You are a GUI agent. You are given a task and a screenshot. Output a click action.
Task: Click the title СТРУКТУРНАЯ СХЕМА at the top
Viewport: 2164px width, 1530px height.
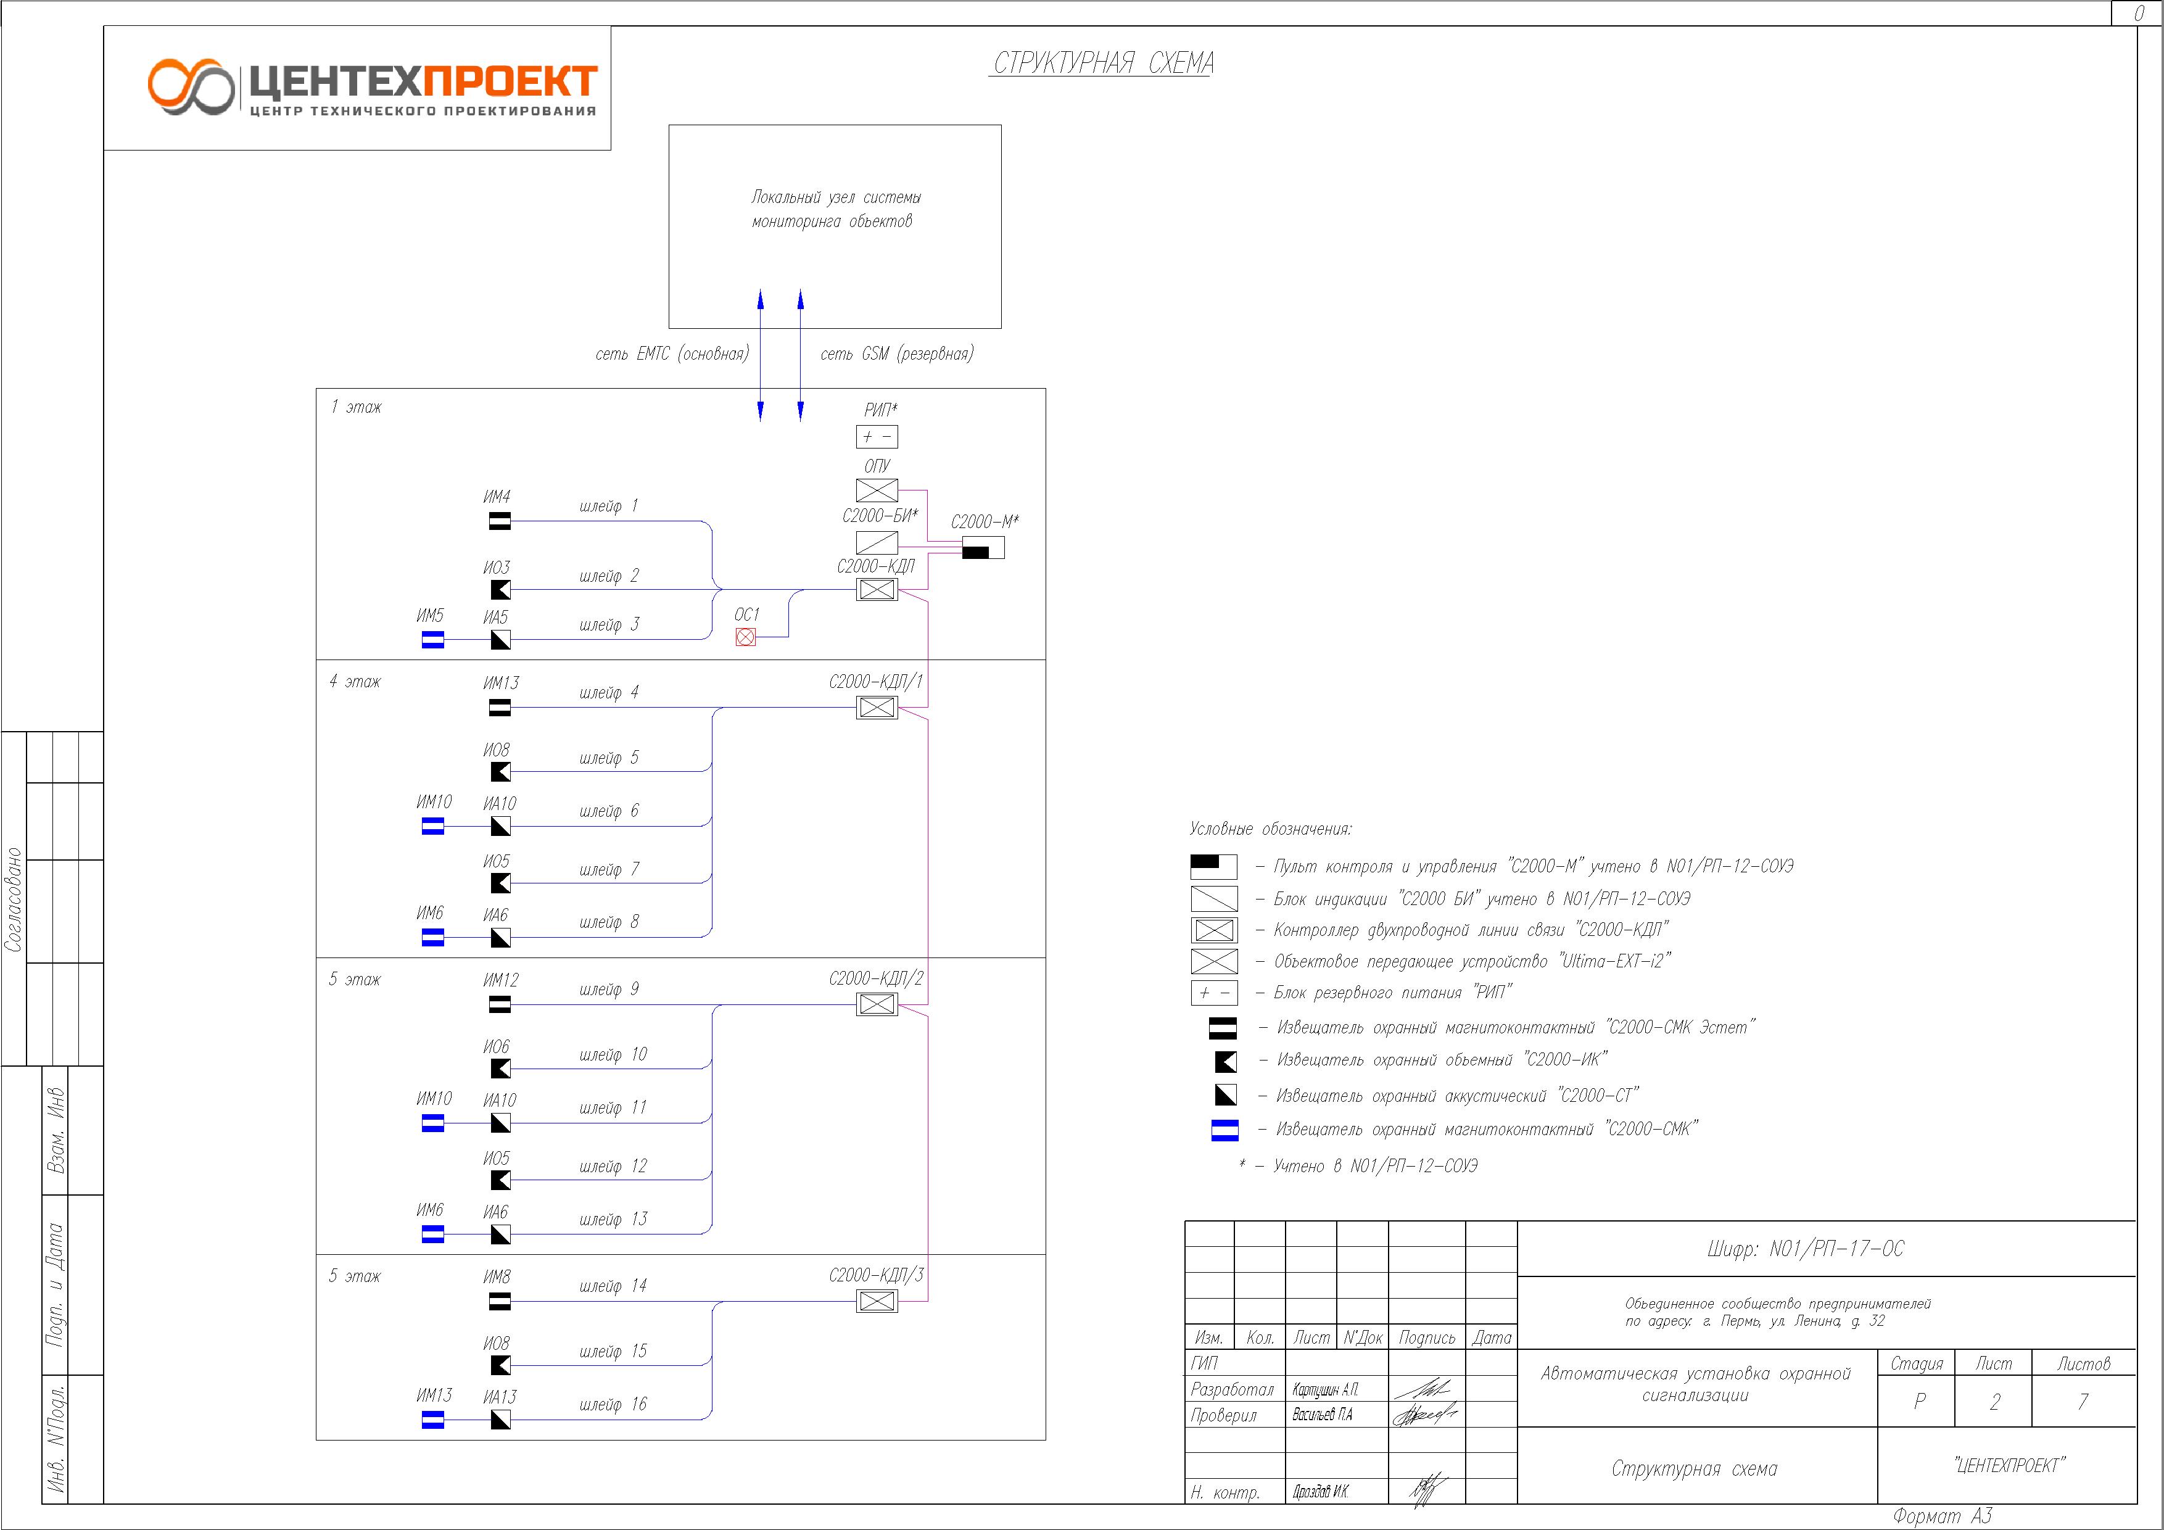point(1103,63)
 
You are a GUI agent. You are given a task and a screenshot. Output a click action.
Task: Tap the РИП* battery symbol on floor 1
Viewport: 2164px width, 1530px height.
point(877,436)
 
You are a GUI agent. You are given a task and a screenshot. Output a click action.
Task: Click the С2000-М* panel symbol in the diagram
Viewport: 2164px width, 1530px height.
point(983,548)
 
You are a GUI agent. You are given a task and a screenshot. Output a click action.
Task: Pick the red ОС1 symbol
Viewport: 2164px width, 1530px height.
point(746,637)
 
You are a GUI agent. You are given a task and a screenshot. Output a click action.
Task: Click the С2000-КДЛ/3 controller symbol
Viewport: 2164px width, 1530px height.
point(877,1301)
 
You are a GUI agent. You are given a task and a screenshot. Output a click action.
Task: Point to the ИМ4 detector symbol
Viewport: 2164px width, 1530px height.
point(500,521)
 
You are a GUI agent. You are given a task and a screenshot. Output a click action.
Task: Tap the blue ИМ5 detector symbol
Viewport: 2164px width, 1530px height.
point(432,640)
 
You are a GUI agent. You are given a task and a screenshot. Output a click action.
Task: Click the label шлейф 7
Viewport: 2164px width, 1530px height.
point(609,869)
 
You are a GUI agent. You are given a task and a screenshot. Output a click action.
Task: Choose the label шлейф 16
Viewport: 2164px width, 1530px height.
point(613,1404)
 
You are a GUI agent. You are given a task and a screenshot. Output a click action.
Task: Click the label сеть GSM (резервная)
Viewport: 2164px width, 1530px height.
point(896,354)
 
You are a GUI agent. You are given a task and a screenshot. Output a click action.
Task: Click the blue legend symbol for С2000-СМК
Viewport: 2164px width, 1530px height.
point(1224,1130)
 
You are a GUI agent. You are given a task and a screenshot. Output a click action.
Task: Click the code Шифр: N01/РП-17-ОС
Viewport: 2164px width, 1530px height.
point(1805,1249)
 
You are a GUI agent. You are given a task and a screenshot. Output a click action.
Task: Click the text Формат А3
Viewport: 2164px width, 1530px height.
point(1943,1516)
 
